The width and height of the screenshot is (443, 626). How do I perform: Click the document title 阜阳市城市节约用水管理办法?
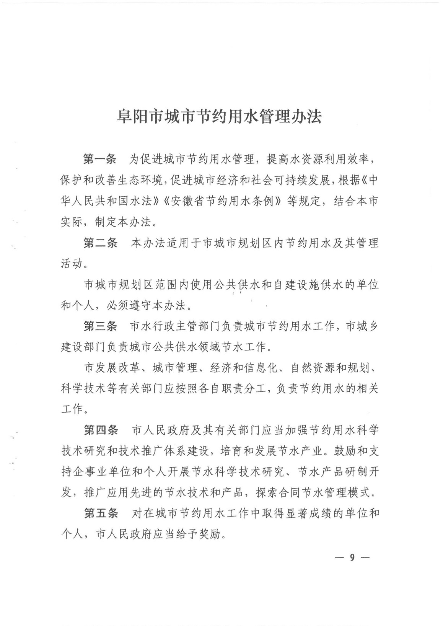pyautogui.click(x=219, y=117)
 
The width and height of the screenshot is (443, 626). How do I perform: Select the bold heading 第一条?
pyautogui.click(x=100, y=159)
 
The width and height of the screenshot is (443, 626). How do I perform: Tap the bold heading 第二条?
pyautogui.click(x=100, y=243)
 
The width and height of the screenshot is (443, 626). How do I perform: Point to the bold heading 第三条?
pyautogui.click(x=100, y=326)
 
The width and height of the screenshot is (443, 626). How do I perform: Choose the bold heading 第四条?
pyautogui.click(x=101, y=430)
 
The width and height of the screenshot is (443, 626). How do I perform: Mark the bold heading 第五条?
pyautogui.click(x=101, y=513)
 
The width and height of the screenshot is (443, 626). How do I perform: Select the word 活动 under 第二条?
pyautogui.click(x=71, y=264)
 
